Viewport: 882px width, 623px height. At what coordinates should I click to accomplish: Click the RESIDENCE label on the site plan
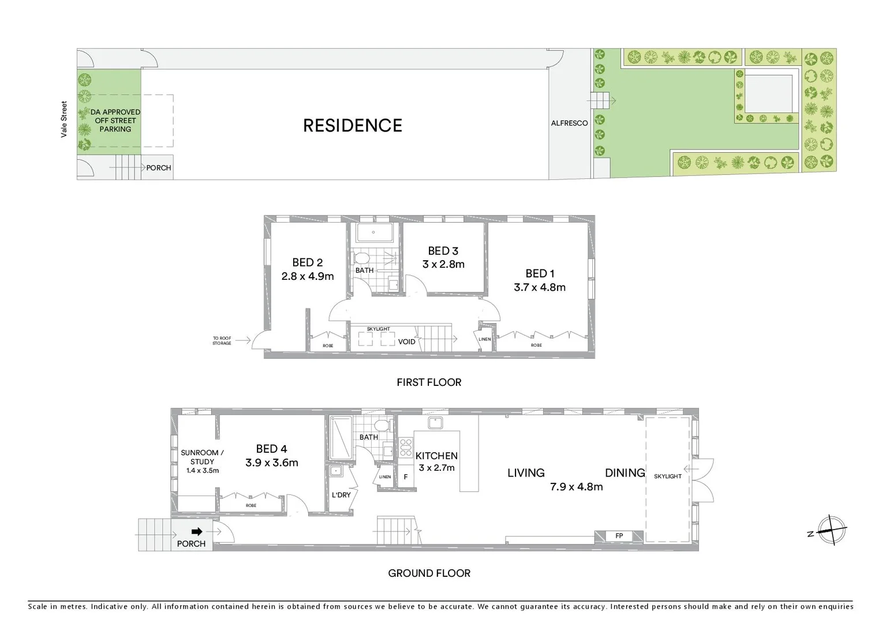(x=352, y=126)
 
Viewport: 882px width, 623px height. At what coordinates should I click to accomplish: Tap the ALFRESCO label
(x=569, y=123)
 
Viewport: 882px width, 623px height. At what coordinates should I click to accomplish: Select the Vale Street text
(x=64, y=119)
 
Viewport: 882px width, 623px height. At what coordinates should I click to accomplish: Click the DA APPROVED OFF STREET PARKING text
(x=115, y=121)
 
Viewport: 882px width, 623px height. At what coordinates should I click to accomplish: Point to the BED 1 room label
(x=539, y=273)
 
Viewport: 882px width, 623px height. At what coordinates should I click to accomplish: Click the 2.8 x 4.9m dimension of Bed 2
(x=307, y=276)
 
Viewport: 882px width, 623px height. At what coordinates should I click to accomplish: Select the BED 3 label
(x=443, y=251)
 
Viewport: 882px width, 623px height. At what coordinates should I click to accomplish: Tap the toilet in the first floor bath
(x=362, y=257)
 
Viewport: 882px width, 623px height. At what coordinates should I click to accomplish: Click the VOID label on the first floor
(x=406, y=341)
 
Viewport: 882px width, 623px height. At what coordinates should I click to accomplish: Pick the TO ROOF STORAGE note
(x=222, y=341)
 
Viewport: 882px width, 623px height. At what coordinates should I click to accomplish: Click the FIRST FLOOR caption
(x=429, y=382)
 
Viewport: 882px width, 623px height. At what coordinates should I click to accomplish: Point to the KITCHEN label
(x=436, y=456)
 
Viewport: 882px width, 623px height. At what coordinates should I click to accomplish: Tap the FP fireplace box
(x=619, y=536)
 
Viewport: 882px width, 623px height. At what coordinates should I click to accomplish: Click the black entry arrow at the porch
(x=197, y=532)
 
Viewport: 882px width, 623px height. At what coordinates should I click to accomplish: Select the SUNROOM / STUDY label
(x=201, y=457)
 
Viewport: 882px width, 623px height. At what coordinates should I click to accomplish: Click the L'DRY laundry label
(x=341, y=495)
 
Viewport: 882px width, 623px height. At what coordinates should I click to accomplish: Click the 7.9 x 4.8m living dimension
(x=576, y=487)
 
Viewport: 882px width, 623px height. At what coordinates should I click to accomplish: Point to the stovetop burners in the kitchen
(x=405, y=448)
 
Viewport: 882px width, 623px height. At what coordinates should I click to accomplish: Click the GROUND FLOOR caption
(x=429, y=573)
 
